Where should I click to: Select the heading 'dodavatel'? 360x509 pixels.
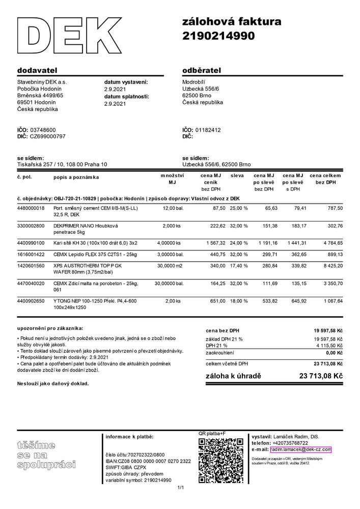pos(37,69)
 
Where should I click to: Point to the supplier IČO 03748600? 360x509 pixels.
pos(43,130)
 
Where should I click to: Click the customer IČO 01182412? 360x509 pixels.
pos(208,130)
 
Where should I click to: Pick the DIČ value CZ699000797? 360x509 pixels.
pos(48,136)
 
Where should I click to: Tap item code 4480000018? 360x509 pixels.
pos(31,208)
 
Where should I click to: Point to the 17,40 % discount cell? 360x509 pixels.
pos(239,265)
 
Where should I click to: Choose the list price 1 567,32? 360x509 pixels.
pos(216,243)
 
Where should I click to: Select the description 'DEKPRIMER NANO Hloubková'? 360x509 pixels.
pos(86,225)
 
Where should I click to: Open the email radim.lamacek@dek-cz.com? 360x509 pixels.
pos(300,449)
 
